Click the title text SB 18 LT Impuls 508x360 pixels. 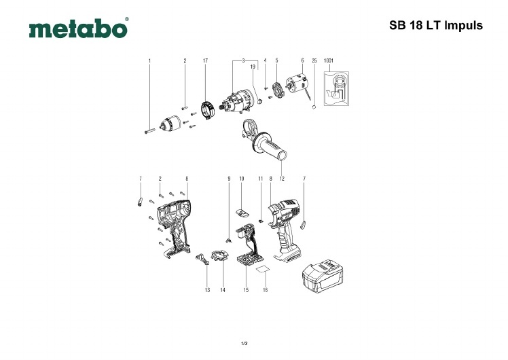435,26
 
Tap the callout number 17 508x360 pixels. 204,61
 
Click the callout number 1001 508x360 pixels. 329,61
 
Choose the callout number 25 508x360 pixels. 314,61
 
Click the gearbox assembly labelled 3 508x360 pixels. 237,103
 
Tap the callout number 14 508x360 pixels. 223,290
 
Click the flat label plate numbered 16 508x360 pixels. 261,270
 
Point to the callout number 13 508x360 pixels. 206,290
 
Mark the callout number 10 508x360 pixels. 241,179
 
